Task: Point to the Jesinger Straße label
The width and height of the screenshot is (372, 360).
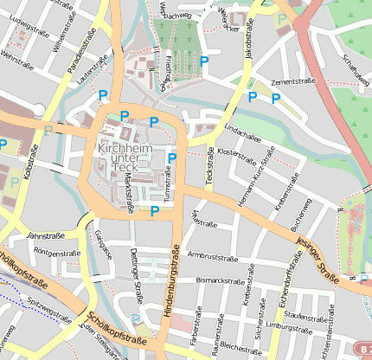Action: (x=316, y=260)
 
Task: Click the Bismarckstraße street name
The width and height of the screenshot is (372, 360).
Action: (x=221, y=281)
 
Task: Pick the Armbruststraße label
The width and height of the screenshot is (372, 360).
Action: (x=213, y=257)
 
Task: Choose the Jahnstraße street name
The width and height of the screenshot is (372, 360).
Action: (x=47, y=235)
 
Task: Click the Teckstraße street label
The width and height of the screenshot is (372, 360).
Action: (x=209, y=164)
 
